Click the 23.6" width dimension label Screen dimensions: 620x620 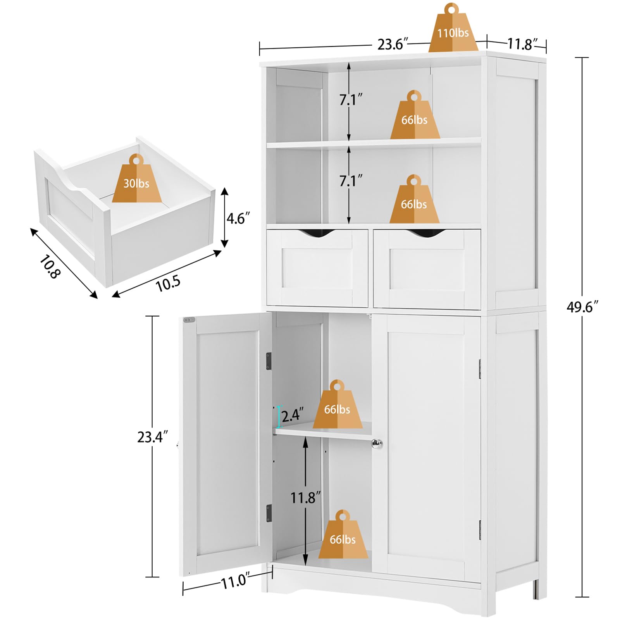[393, 45]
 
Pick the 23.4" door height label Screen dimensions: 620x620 [152, 437]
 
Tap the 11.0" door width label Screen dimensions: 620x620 [234, 581]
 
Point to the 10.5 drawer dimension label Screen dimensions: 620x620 [168, 284]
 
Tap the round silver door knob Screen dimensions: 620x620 [377, 444]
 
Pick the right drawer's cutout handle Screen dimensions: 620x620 [425, 232]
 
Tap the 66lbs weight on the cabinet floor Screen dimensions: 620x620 [343, 537]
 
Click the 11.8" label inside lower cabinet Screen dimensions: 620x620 [306, 498]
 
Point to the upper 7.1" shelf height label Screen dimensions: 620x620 [351, 100]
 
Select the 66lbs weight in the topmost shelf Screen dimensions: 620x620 [414, 117]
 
